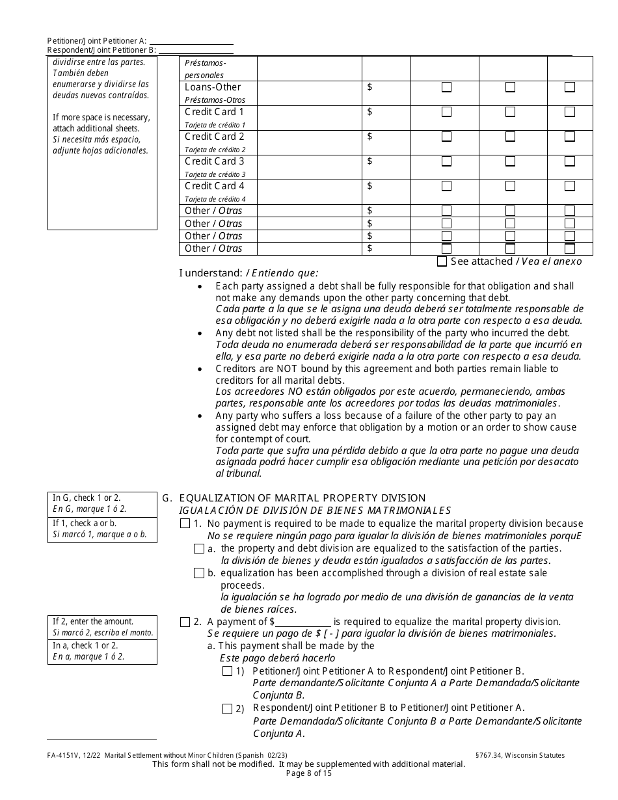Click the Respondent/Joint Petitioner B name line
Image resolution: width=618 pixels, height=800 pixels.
click(196, 50)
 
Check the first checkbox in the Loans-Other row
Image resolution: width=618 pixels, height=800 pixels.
click(446, 87)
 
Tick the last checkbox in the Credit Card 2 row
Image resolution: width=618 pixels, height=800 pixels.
click(570, 137)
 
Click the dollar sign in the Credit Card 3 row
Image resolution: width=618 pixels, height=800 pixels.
click(370, 161)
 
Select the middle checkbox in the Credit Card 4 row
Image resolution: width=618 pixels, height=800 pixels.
click(510, 186)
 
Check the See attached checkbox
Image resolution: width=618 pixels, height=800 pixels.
click(442, 261)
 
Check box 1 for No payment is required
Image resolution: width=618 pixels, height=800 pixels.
click(185, 524)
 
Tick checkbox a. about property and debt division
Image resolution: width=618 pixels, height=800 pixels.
click(199, 549)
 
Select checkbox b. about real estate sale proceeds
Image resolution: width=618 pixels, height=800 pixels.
click(199, 574)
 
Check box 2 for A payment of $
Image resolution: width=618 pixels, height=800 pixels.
click(185, 622)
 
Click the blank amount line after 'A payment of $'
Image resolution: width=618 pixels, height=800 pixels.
click(303, 622)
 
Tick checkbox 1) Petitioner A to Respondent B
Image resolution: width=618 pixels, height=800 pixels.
click(227, 671)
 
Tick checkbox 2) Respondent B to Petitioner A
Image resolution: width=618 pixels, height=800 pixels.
click(227, 709)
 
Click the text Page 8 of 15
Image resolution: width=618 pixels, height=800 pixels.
click(309, 774)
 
